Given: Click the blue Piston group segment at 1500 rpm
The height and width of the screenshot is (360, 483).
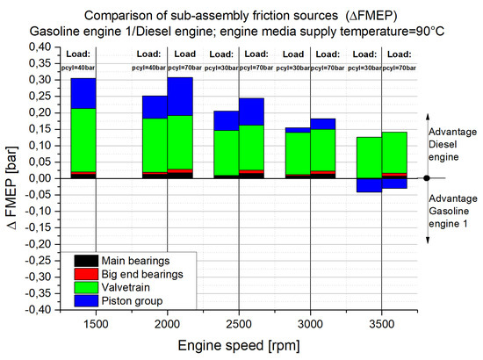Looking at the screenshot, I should pyautogui.click(x=83, y=93).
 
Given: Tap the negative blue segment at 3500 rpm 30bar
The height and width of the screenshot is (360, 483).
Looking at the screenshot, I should pyautogui.click(x=369, y=185).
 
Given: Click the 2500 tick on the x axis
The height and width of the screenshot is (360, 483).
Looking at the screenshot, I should pyautogui.click(x=239, y=324).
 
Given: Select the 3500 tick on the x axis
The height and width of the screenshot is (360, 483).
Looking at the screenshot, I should pyautogui.click(x=382, y=324).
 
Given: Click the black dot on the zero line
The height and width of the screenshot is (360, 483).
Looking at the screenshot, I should pyautogui.click(x=427, y=177).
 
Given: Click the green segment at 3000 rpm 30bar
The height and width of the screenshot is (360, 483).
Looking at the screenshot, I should pyautogui.click(x=298, y=154).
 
